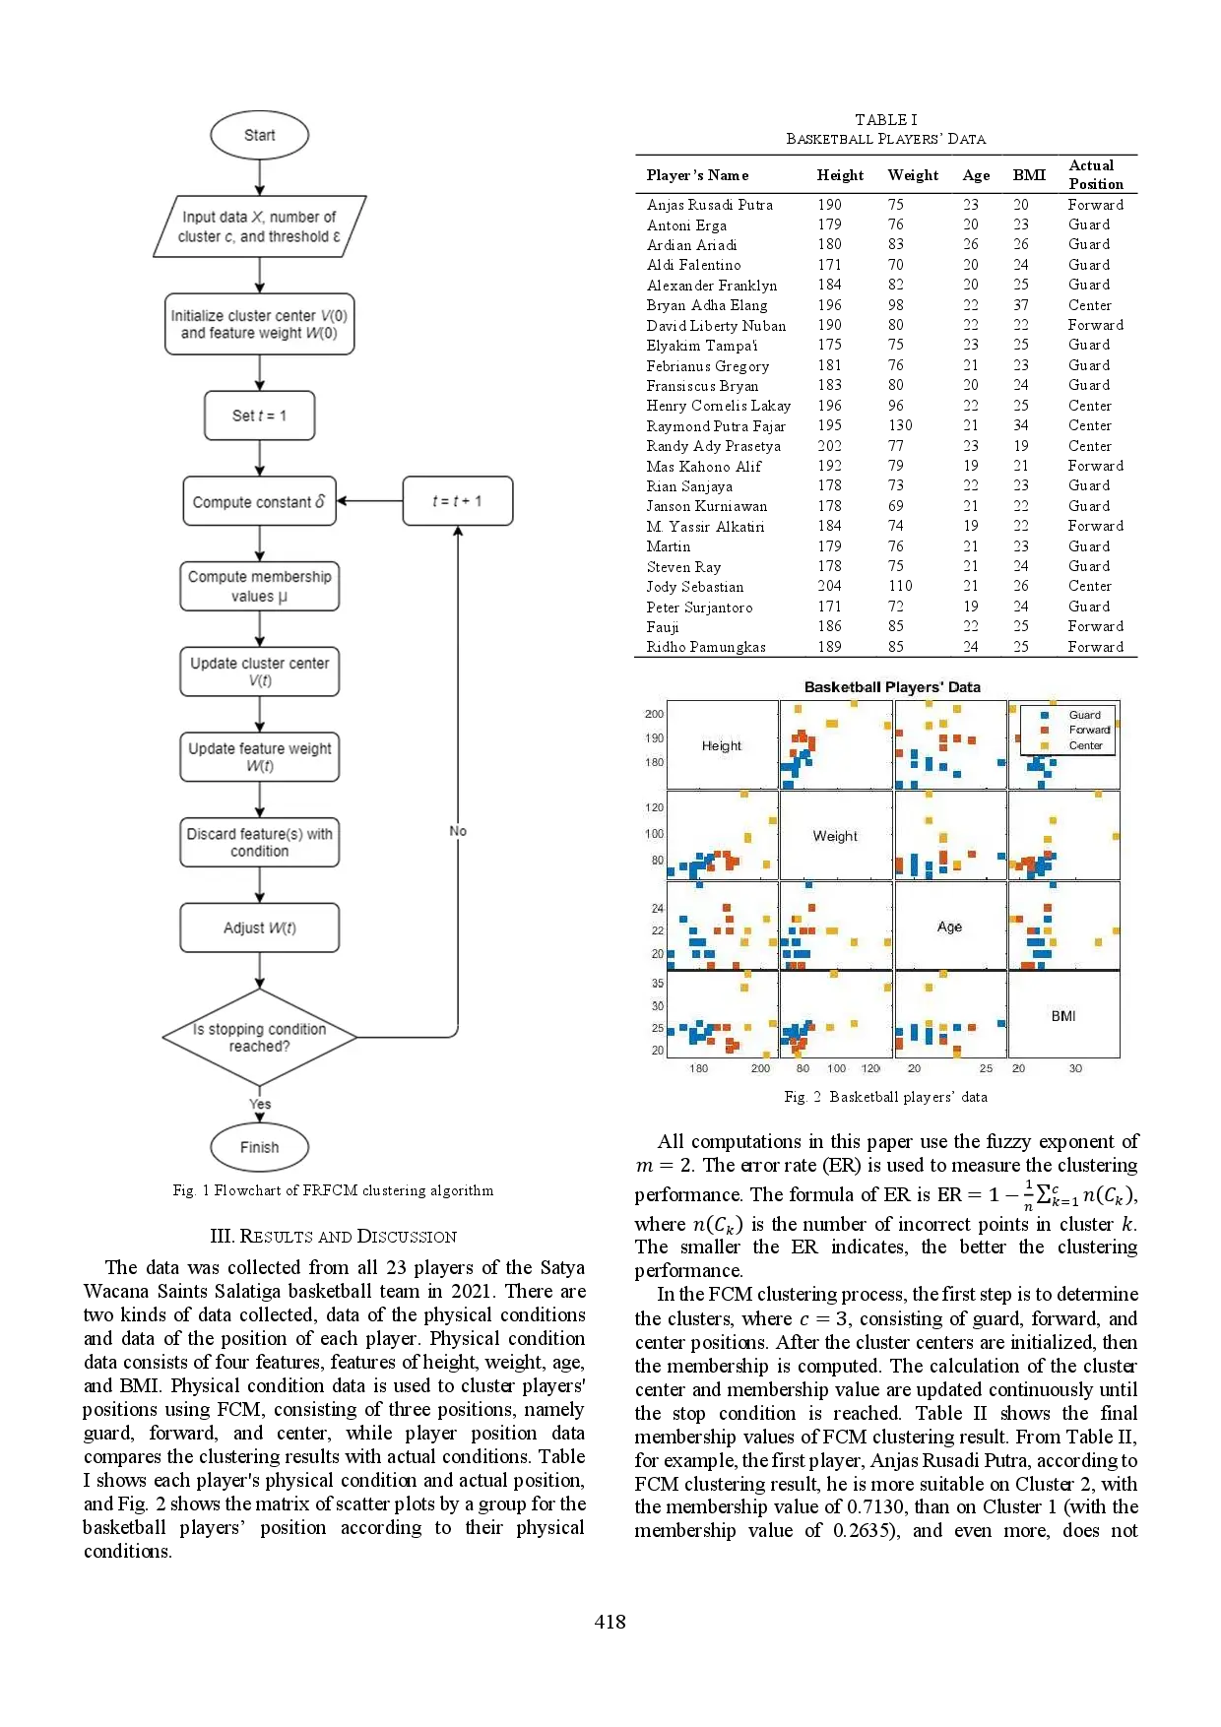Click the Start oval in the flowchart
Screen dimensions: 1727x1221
click(x=259, y=135)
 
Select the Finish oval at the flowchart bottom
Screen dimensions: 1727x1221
click(x=259, y=1147)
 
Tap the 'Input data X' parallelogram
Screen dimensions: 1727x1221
click(x=259, y=226)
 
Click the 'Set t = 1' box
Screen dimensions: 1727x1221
click(x=259, y=416)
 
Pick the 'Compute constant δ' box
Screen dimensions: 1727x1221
click(x=259, y=501)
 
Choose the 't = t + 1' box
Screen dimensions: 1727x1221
click(x=457, y=501)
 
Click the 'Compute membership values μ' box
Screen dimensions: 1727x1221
click(x=259, y=586)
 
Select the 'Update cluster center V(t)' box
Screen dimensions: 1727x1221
click(x=259, y=672)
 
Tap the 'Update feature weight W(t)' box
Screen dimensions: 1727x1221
click(x=259, y=756)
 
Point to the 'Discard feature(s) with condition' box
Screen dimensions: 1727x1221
click(x=259, y=842)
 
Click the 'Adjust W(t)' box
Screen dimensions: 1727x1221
click(x=259, y=927)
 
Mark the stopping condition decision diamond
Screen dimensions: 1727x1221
click(x=259, y=1037)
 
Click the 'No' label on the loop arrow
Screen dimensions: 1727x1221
click(x=458, y=831)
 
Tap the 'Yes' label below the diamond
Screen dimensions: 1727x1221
click(x=260, y=1104)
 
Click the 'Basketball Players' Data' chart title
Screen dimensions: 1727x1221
click(x=892, y=687)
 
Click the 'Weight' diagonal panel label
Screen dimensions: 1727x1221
click(x=835, y=836)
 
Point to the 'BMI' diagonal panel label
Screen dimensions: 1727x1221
click(x=1062, y=1016)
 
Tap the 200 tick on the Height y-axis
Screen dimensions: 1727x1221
click(x=654, y=714)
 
